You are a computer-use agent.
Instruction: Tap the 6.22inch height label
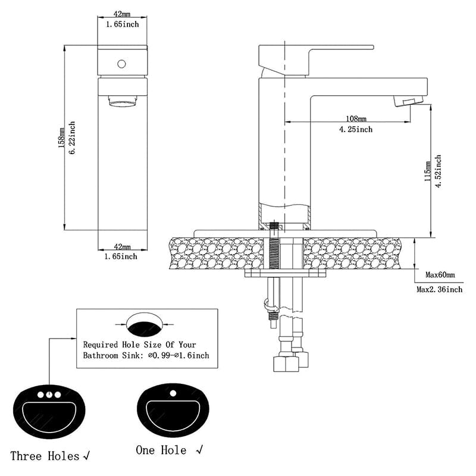72,139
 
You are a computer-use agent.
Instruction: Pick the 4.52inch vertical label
438,171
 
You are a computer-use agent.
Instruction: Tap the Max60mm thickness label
440,275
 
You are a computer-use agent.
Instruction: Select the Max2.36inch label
439,290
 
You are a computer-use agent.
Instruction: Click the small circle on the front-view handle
122,63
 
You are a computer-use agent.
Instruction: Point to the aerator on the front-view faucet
123,102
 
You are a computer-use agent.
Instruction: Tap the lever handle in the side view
315,54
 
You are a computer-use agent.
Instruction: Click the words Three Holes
46,456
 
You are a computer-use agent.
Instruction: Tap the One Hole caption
161,450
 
